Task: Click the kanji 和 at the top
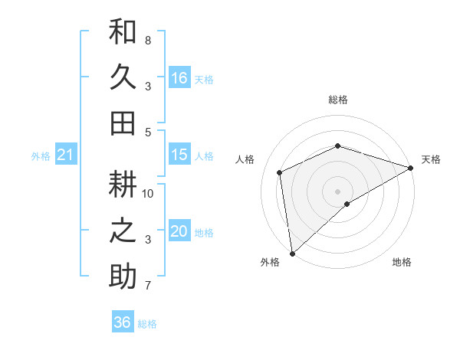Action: pyautogui.click(x=123, y=31)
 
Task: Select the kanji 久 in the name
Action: pyautogui.click(x=123, y=77)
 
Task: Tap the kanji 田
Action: pyautogui.click(x=123, y=123)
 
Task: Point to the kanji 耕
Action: pyautogui.click(x=123, y=185)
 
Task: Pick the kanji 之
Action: pyautogui.click(x=123, y=231)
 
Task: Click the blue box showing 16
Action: pyautogui.click(x=179, y=77)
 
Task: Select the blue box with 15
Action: pyautogui.click(x=179, y=155)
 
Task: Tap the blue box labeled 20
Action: pyautogui.click(x=179, y=231)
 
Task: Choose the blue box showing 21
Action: pyautogui.click(x=65, y=155)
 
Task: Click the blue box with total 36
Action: pyautogui.click(x=123, y=322)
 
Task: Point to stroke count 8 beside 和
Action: pyautogui.click(x=147, y=40)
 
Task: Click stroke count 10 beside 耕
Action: pyautogui.click(x=148, y=193)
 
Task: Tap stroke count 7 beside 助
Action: pyautogui.click(x=147, y=286)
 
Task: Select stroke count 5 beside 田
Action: pyautogui.click(x=147, y=132)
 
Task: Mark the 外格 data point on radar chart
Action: pyautogui.click(x=292, y=253)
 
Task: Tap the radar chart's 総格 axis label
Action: pyautogui.click(x=337, y=100)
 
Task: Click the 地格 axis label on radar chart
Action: pyautogui.click(x=402, y=262)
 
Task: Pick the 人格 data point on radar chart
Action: pyautogui.click(x=280, y=172)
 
